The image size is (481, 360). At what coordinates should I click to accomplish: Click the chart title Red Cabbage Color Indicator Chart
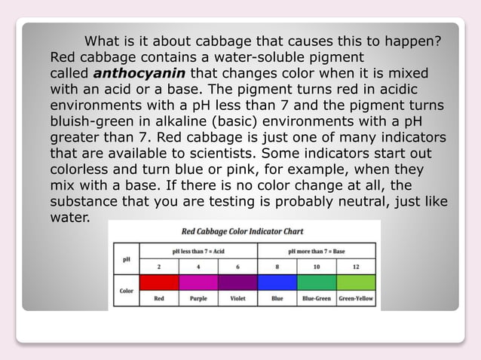click(x=243, y=231)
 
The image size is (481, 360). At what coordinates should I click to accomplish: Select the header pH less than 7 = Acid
click(x=198, y=251)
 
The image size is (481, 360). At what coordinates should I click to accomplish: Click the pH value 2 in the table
click(x=159, y=266)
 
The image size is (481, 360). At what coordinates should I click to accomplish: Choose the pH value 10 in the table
click(x=317, y=266)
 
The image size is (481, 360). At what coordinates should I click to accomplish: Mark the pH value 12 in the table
click(x=355, y=266)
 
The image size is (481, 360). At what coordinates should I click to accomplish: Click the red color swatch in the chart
click(x=159, y=282)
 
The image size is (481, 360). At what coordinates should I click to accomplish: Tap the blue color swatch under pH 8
click(x=277, y=282)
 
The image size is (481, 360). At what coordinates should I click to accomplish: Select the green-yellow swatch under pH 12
click(x=355, y=282)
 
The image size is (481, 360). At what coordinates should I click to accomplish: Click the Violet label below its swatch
click(x=237, y=298)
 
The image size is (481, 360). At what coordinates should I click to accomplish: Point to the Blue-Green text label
click(x=317, y=298)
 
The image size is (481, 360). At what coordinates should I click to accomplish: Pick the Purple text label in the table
click(x=198, y=298)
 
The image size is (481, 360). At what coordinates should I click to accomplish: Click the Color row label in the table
click(x=127, y=290)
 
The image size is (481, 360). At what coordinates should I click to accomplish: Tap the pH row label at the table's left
click(x=127, y=258)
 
